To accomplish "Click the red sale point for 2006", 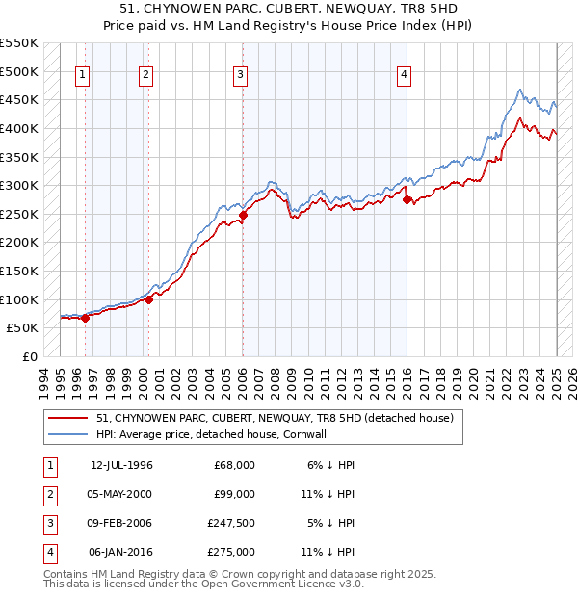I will click(x=243, y=216).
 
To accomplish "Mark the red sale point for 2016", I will click(x=406, y=200).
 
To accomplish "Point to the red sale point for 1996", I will click(x=85, y=318).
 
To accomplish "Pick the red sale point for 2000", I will click(x=148, y=299).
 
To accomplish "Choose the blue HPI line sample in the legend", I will click(x=69, y=434).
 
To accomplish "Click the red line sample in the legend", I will click(x=69, y=418).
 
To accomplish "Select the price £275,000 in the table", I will click(x=234, y=553).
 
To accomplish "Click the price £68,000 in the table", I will click(x=234, y=465).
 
